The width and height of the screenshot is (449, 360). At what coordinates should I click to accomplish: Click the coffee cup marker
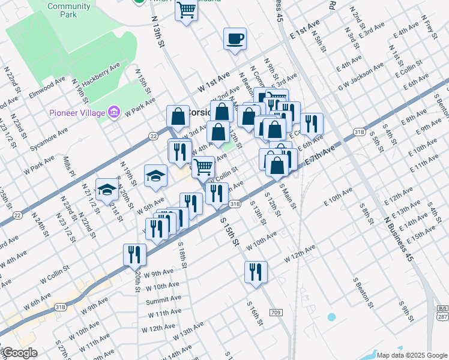coord(235,40)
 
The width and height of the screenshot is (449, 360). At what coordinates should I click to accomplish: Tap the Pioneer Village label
coord(77,112)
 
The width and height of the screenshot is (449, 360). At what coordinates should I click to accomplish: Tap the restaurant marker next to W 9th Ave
coord(134,255)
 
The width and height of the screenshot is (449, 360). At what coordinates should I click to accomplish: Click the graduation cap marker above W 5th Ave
coord(155,175)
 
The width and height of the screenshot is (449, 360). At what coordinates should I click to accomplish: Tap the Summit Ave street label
coord(163,299)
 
